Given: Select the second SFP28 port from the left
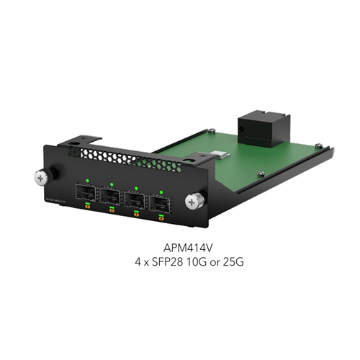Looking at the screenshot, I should coord(110,195).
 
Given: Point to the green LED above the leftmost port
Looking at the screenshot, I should coord(87,180).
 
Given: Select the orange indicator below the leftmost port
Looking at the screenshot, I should coord(86,207).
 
